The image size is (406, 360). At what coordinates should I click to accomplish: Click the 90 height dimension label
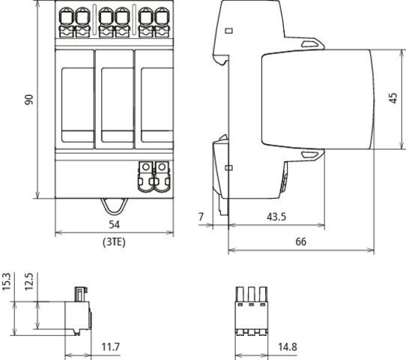coord(29,100)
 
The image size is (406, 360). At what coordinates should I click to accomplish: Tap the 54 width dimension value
coord(114,224)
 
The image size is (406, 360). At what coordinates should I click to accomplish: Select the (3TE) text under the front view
coord(114,242)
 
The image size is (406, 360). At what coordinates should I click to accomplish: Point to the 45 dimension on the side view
coord(393,98)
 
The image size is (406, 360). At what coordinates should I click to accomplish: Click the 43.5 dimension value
coord(276,217)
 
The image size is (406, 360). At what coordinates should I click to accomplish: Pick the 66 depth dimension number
coord(301,241)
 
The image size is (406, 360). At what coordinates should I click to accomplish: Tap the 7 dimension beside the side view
coord(202,217)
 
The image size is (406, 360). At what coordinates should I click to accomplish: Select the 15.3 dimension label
coord(7,282)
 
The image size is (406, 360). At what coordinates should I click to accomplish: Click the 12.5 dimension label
coord(29,282)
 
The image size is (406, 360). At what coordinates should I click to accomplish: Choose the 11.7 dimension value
coord(111,346)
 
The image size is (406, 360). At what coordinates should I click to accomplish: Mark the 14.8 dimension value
coord(288,346)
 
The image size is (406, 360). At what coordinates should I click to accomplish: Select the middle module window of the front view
coord(118,105)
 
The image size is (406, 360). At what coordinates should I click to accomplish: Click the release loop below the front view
coord(114,206)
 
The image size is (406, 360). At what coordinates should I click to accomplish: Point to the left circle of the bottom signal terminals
coord(146,166)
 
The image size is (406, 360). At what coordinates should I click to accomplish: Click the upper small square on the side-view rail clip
coord(229,31)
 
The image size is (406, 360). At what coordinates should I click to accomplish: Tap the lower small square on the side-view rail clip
coord(229,168)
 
